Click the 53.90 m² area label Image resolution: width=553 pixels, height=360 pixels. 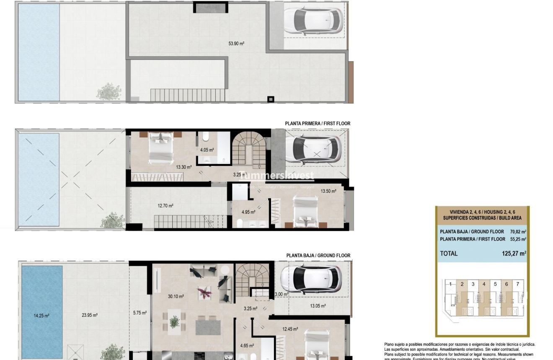point(236,44)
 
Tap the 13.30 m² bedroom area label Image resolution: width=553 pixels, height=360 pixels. point(183,167)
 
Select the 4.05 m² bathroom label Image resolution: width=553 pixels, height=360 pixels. point(207,150)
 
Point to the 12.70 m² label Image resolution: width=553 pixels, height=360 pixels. point(165,206)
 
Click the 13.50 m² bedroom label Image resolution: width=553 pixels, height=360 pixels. point(328,191)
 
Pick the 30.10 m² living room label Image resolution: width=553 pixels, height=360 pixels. point(176,296)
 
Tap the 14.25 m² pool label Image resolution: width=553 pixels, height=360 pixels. point(41,316)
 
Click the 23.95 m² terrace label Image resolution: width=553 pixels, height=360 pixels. point(90,315)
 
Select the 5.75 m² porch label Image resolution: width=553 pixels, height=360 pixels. point(140,313)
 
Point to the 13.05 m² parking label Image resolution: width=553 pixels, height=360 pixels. point(318,306)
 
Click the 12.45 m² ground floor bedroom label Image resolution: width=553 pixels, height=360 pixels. point(290,329)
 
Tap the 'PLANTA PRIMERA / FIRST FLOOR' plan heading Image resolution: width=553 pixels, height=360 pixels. point(318,124)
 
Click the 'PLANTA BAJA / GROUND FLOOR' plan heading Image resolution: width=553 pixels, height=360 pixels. point(318,255)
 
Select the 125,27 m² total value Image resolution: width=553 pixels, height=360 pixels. point(514,253)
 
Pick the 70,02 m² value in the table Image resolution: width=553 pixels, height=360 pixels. point(518,231)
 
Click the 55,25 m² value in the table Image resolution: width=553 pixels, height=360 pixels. point(518,239)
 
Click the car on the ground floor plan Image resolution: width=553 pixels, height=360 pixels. point(311,279)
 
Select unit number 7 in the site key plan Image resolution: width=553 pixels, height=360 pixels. point(518,284)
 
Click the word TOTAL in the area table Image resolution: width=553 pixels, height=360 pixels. point(449,253)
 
